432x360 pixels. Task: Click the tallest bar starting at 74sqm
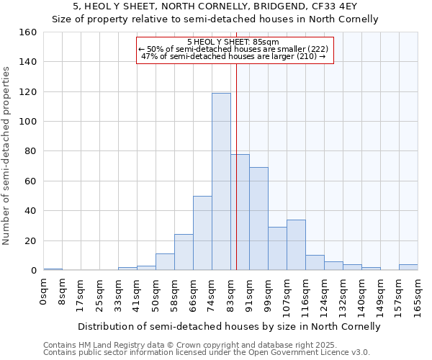pos(221,181)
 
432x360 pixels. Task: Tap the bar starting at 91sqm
pos(258,219)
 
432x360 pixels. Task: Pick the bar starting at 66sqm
pos(202,233)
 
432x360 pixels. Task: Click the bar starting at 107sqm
pos(296,245)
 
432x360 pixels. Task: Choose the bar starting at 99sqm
pos(277,248)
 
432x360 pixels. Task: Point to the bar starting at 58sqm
pos(184,252)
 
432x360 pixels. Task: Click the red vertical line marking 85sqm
pos(236,166)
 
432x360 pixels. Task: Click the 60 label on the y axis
pos(30,181)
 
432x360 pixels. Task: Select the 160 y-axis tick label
pos(27,32)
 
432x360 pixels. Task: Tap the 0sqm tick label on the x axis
pos(44,292)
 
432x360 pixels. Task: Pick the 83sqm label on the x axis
pos(231,294)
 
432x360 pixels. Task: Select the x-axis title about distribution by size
pos(229,326)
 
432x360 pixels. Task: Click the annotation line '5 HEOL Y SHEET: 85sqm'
pos(235,42)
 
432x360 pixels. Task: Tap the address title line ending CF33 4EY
pos(215,6)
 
